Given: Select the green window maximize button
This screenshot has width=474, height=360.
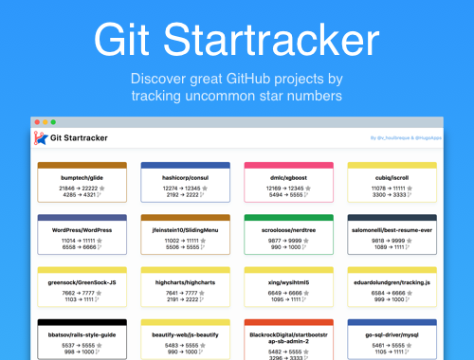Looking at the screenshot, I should click(53, 122).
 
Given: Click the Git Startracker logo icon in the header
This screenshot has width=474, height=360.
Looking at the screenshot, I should click(41, 139).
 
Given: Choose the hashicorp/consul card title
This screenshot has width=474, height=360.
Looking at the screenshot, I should click(185, 177).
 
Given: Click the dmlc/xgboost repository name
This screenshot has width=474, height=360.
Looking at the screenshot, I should click(288, 177).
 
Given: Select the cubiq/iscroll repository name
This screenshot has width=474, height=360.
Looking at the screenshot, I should click(392, 177).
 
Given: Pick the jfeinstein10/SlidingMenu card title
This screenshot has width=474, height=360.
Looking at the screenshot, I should click(185, 229).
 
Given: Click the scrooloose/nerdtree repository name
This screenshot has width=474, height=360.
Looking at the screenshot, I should click(288, 229).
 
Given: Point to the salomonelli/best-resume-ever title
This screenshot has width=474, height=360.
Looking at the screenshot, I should click(392, 229).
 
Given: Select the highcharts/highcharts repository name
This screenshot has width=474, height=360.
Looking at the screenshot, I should click(185, 281).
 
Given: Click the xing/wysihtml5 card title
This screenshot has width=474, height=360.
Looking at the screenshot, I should click(288, 281).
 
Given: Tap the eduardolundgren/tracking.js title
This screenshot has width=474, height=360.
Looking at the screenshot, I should click(392, 281).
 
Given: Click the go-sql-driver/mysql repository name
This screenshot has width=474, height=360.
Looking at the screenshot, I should click(392, 334).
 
